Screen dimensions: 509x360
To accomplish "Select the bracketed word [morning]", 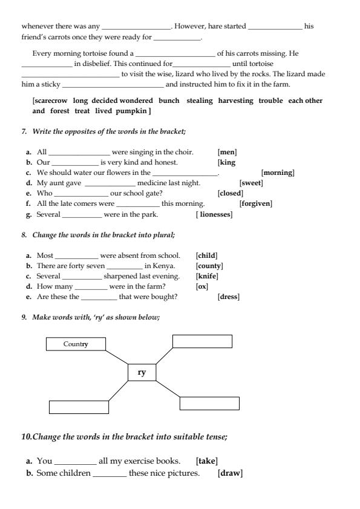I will (x=278, y=173).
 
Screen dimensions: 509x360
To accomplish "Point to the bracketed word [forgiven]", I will (x=256, y=204).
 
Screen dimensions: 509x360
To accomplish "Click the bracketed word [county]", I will (x=209, y=266).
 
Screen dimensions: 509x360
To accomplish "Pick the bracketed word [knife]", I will (x=207, y=276).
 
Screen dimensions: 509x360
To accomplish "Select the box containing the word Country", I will (x=76, y=344).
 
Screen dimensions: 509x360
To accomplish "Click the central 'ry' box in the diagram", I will (x=142, y=372).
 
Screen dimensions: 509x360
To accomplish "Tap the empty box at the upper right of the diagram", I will (x=202, y=341).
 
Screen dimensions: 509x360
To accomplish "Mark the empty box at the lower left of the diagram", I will (x=78, y=407).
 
